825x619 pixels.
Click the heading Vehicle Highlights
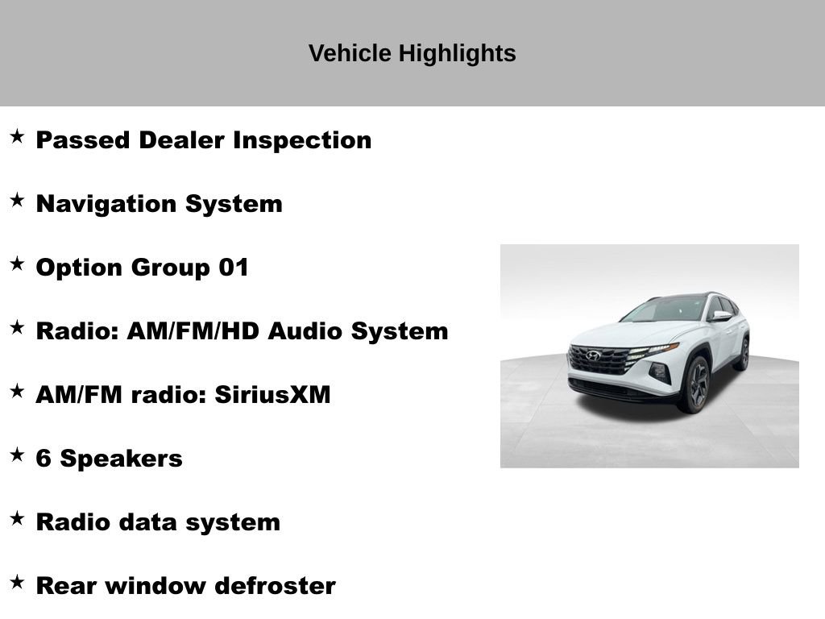pyautogui.click(x=412, y=53)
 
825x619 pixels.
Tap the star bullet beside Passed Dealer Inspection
pyautogui.click(x=17, y=136)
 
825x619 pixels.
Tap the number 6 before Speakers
pyautogui.click(x=44, y=459)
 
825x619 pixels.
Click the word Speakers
pyautogui.click(x=122, y=459)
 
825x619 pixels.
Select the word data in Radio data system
pyautogui.click(x=149, y=522)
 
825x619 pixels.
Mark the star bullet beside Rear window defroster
pyautogui.click(x=17, y=582)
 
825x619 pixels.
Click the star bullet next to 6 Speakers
pyautogui.click(x=17, y=455)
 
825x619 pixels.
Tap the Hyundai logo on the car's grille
pyautogui.click(x=594, y=355)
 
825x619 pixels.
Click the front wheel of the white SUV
pyautogui.click(x=696, y=385)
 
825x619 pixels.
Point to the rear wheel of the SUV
pyautogui.click(x=742, y=354)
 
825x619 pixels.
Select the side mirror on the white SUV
pyautogui.click(x=719, y=316)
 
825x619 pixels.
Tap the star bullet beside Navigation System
pyautogui.click(x=17, y=200)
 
